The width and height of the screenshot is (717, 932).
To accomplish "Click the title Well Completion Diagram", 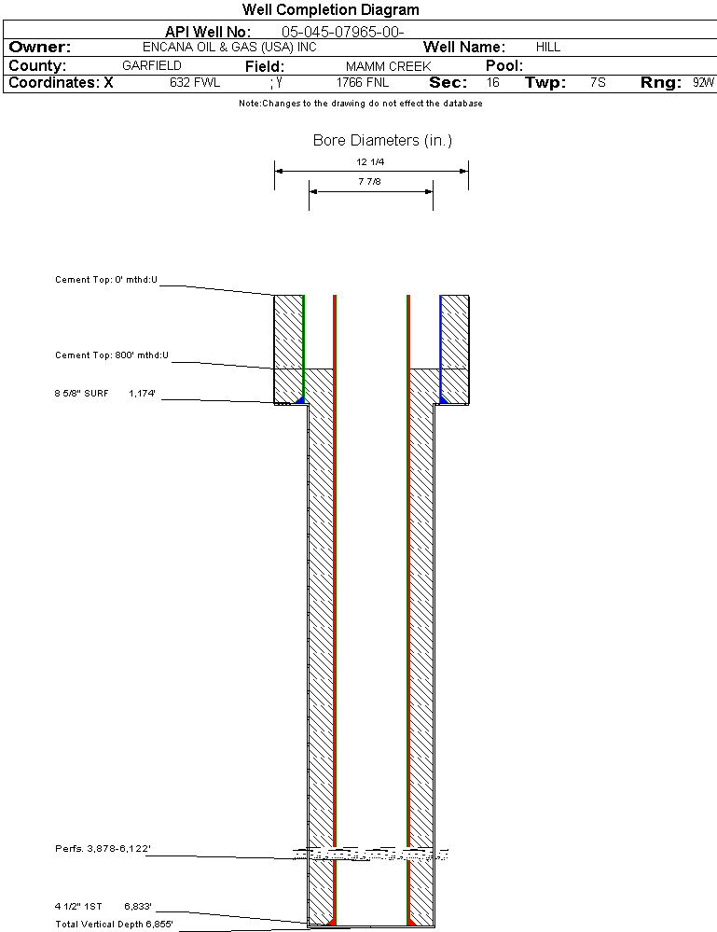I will coord(330,10).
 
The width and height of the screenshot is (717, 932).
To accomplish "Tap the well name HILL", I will coord(548,47).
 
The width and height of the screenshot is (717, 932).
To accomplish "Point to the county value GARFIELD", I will coord(152,66).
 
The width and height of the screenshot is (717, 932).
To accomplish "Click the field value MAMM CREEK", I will coord(388,67).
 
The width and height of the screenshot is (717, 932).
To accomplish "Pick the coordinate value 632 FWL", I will coord(195,83).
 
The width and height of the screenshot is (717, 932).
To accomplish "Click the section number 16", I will coord(492,83).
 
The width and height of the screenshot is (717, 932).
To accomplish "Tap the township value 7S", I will coord(598,83).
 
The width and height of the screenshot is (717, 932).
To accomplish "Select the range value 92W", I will coord(703,83).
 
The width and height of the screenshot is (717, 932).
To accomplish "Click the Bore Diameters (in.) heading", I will coord(382,141).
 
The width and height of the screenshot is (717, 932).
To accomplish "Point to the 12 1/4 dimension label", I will coord(370,162).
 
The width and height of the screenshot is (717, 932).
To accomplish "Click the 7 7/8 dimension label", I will coord(370,182).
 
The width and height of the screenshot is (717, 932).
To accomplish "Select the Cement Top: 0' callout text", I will coord(106,279).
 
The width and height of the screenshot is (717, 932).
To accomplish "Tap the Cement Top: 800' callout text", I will coord(111,355).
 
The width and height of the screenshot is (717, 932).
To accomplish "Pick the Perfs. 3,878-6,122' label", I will coord(103,849).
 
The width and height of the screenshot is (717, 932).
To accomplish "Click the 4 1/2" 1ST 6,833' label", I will coord(103,906).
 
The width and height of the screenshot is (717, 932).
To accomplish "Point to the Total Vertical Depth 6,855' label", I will coord(113,924).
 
